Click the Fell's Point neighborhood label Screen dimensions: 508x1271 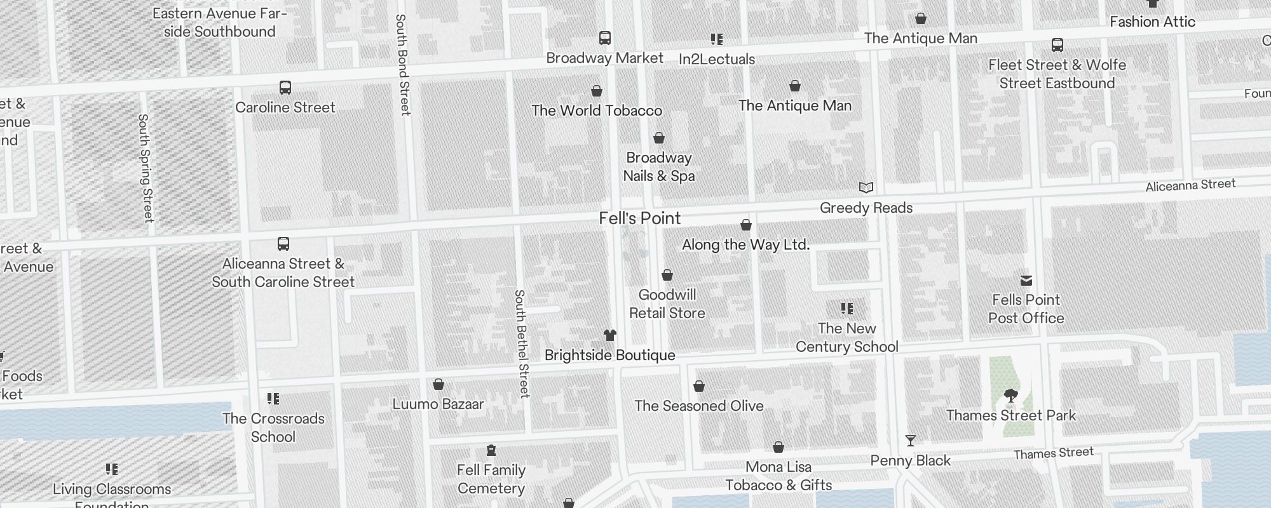(639, 218)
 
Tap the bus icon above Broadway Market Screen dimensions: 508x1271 (605, 38)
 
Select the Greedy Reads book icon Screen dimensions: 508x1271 (866, 188)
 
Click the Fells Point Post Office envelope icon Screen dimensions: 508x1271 (1026, 281)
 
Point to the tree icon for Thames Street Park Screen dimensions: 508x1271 (1010, 396)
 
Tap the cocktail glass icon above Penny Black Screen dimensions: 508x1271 (910, 441)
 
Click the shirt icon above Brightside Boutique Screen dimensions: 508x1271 (610, 335)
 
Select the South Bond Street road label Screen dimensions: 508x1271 (402, 65)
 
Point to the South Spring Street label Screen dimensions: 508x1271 (146, 168)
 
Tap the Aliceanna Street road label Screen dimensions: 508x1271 (1190, 185)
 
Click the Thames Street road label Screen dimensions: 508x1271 (1053, 453)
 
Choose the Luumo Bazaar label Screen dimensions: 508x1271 (438, 404)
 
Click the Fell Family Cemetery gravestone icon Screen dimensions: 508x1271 (491, 450)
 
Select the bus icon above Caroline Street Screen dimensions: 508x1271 (285, 88)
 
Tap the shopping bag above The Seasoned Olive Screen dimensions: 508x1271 (698, 386)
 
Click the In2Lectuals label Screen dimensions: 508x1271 (716, 59)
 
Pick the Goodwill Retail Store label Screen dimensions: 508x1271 (667, 304)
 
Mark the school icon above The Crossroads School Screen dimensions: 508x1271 (273, 399)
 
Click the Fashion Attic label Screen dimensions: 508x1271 (1152, 22)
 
